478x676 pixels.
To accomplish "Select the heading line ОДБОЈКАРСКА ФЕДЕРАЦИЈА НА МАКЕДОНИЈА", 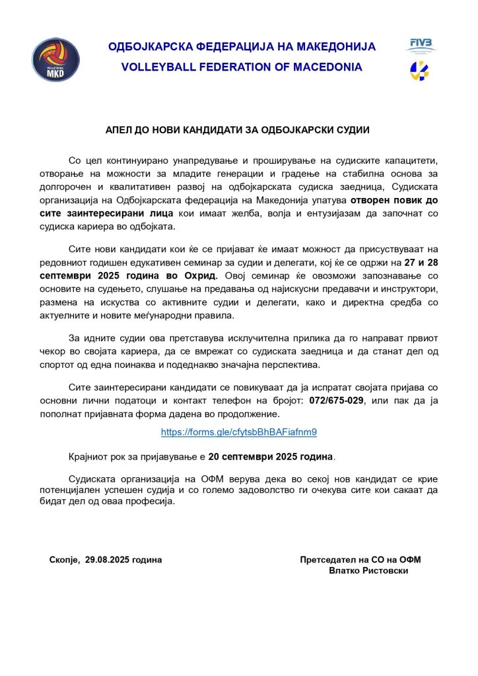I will pos(242,47).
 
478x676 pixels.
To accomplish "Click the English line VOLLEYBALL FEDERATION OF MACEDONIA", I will pos(242,67).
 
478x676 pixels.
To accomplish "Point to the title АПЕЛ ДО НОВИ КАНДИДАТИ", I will pos(238,130).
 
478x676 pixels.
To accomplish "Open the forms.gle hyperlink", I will pos(239,432).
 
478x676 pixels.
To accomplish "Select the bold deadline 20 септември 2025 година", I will pos(271,456).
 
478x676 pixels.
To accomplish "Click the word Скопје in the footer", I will pos(64,560).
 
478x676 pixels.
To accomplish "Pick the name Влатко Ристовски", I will pos(368,570).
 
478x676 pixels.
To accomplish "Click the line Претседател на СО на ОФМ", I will pos(360,560).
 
